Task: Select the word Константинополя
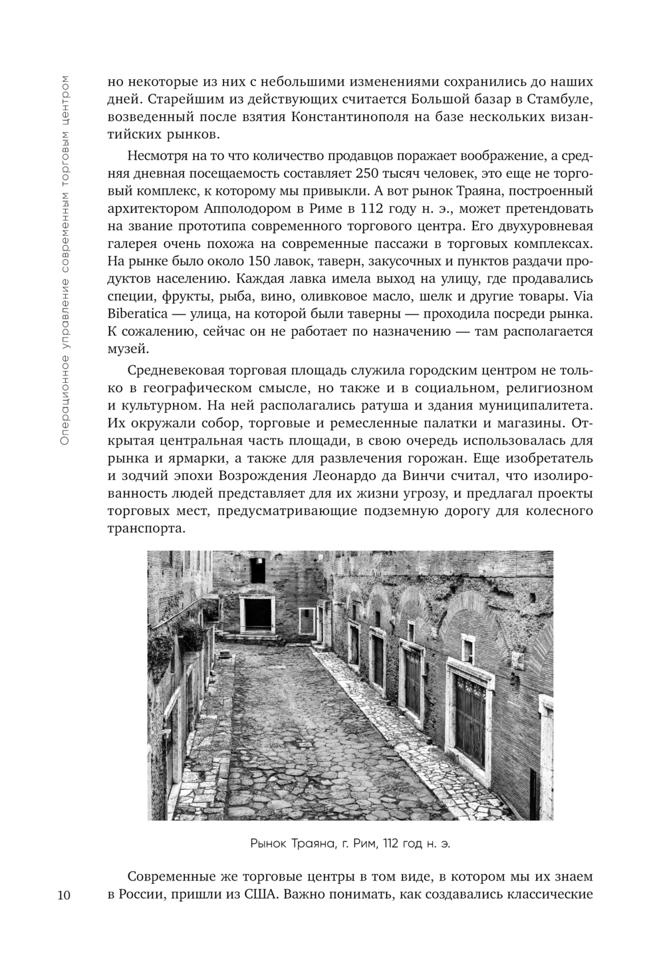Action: tap(351, 118)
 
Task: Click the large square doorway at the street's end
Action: tap(257, 615)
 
